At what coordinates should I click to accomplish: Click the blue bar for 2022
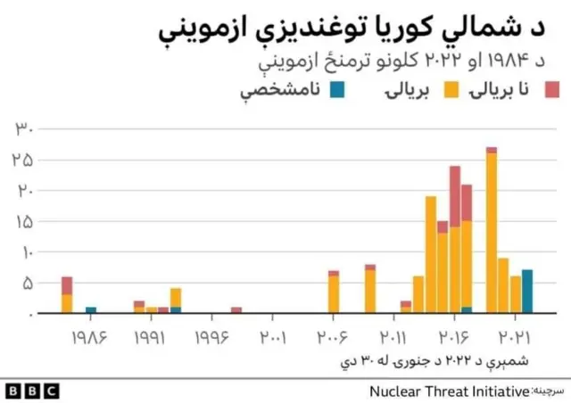tap(527, 292)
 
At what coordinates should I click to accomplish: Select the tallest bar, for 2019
tap(492, 232)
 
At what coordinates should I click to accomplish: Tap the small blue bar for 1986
tap(91, 310)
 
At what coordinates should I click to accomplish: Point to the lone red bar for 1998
tap(236, 310)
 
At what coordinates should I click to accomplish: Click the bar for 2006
tap(334, 292)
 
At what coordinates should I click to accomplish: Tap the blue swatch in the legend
tap(337, 89)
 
